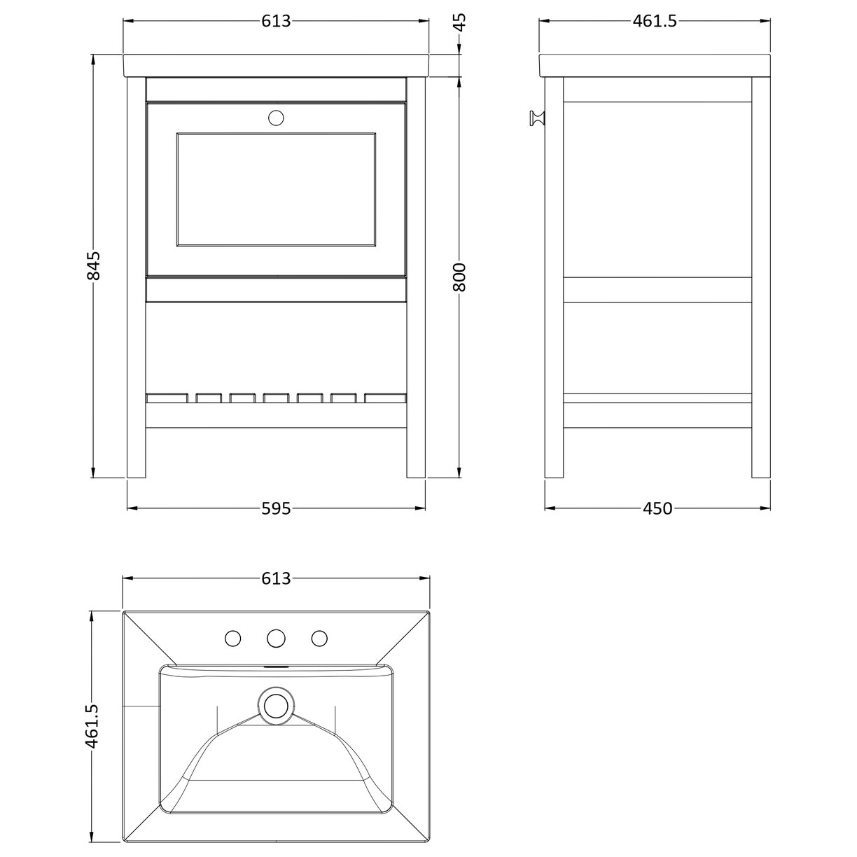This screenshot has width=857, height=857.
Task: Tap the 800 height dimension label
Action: (459, 277)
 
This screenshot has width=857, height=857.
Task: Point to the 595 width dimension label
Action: (276, 509)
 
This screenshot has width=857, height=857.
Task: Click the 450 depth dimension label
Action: (657, 509)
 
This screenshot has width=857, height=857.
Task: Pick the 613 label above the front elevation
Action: (276, 22)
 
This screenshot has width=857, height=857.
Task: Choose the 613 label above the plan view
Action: (276, 579)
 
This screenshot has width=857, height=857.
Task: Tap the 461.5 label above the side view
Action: (655, 22)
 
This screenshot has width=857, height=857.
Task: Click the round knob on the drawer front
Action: (276, 118)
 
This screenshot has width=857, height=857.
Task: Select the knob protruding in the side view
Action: (536, 118)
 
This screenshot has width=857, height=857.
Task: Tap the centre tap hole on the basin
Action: (276, 638)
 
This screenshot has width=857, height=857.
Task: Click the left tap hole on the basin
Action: (233, 638)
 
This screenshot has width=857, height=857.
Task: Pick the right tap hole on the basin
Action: (319, 638)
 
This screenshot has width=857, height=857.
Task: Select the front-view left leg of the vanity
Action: (136, 280)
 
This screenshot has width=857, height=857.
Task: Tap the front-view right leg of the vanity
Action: (416, 280)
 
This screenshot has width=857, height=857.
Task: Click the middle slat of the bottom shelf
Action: (276, 398)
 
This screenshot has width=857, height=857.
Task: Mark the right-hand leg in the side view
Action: (760, 280)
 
